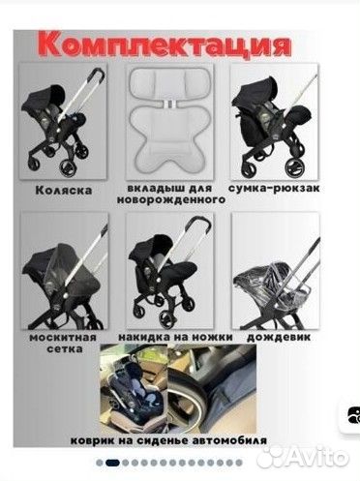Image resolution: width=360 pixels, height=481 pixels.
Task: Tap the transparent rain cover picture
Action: (x=259, y=281)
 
